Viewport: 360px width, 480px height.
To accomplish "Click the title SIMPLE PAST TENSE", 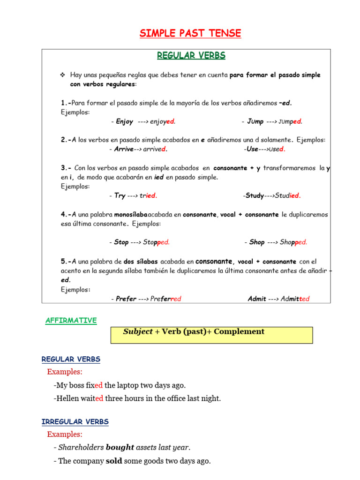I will pyautogui.click(x=190, y=33).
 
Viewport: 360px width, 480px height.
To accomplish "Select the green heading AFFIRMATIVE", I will pyautogui.click(x=71, y=321).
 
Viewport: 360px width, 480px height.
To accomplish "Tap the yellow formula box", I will pyautogui.click(x=211, y=335).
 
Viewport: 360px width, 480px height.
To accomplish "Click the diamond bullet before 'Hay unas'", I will pyautogui.click(x=62, y=75).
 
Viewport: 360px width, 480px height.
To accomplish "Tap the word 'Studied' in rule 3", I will pyautogui.click(x=288, y=196).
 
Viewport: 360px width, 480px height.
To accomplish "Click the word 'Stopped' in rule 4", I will pyautogui.click(x=157, y=242).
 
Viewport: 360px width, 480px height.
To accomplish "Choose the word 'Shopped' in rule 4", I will pyautogui.click(x=293, y=242).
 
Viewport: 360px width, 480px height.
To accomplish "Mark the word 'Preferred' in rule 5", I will pyautogui.click(x=165, y=299).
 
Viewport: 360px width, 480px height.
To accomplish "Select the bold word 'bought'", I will pyautogui.click(x=120, y=448).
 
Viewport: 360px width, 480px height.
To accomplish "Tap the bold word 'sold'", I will pyautogui.click(x=114, y=461).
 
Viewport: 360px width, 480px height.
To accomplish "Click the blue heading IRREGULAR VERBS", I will pyautogui.click(x=75, y=422).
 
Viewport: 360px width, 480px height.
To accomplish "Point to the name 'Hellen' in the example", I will pyautogui.click(x=67, y=398).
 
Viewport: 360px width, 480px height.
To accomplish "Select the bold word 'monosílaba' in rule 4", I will pyautogui.click(x=131, y=214).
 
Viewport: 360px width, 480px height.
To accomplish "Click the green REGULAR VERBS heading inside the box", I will pyautogui.click(x=191, y=56).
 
